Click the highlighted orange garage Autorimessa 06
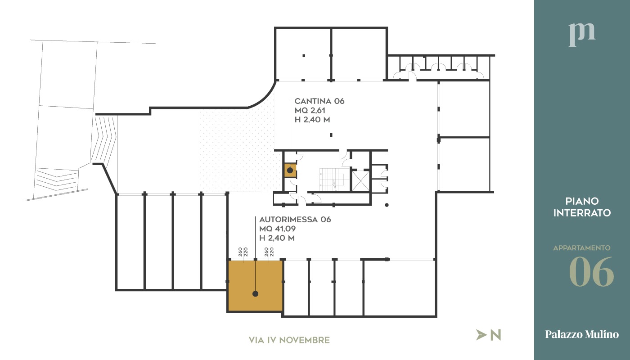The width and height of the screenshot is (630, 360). [x=255, y=286]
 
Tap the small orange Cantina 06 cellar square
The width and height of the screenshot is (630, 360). [x=290, y=171]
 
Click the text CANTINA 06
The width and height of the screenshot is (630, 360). [x=319, y=101]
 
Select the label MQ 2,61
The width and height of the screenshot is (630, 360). [x=310, y=111]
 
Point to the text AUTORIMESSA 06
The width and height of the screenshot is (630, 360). [x=295, y=220]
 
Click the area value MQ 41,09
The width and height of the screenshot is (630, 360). [x=277, y=229]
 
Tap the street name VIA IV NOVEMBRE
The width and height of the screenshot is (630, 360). [x=289, y=340]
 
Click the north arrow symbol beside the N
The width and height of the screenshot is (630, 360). [x=481, y=335]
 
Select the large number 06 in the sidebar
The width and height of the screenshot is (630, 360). [x=591, y=272]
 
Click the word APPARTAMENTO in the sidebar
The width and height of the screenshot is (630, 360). [x=582, y=248]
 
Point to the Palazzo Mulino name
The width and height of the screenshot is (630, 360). [x=582, y=334]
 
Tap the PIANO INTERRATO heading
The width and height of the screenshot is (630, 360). [x=582, y=207]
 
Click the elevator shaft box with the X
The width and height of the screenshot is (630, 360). [x=360, y=180]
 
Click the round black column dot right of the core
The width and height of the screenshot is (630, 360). [x=387, y=205]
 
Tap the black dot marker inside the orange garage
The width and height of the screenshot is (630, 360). [x=256, y=293]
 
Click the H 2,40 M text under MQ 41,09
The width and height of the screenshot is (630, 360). [x=277, y=238]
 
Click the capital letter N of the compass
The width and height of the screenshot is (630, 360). [x=495, y=335]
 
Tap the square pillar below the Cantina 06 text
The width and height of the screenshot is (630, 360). [x=331, y=135]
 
